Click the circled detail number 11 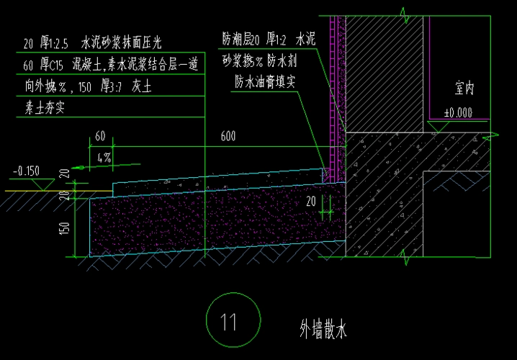click(228, 321)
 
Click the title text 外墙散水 click(323, 330)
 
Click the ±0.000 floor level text click(458, 112)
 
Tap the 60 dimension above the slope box click(99, 136)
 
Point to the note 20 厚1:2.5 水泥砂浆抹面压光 click(108, 43)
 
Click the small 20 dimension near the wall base click(311, 201)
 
